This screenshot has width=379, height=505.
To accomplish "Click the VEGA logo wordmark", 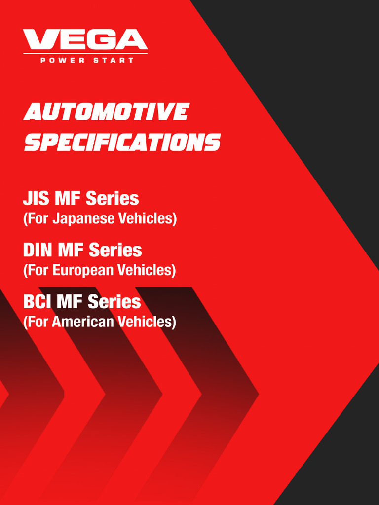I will coord(85,40).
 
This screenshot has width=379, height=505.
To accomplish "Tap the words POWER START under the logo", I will coord(86,60).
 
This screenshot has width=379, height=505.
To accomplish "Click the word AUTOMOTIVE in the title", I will coord(106,112).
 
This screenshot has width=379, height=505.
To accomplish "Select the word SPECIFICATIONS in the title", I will coord(122,143).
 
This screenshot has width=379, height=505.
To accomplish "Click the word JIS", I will coord(36,199).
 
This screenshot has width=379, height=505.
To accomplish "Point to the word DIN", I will coord(38,250).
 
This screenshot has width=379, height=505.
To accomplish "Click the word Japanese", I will coord(83,218).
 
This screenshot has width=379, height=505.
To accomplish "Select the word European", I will coord(83,270).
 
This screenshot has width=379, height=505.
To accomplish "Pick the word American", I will coord(83,322).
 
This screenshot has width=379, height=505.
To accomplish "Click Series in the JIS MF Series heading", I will coord(113,199).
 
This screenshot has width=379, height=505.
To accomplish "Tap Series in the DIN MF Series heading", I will coord(115,250).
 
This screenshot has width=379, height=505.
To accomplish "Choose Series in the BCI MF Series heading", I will coord(114,301).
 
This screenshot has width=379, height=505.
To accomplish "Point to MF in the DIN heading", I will coord(71,250).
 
